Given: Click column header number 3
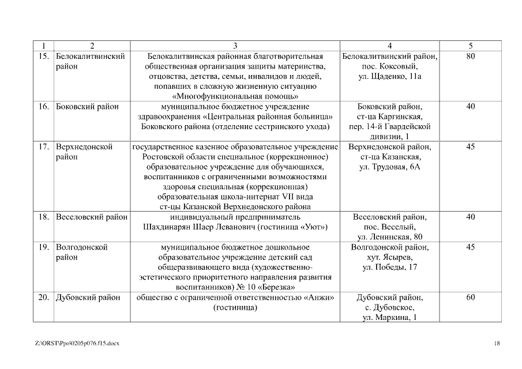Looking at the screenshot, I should click(235, 46).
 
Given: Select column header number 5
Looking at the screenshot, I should click(471, 46).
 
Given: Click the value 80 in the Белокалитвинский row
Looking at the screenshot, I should click(471, 57).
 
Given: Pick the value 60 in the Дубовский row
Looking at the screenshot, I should click(471, 298).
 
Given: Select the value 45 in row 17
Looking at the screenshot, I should click(471, 146).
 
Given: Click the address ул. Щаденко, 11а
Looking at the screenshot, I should click(389, 76).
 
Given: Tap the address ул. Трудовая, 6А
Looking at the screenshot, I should click(389, 166).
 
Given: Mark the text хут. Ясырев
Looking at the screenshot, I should click(389, 257).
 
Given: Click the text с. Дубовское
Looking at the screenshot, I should click(389, 308).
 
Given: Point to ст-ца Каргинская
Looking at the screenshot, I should click(389, 116).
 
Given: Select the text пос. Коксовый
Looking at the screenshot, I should click(389, 66).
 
